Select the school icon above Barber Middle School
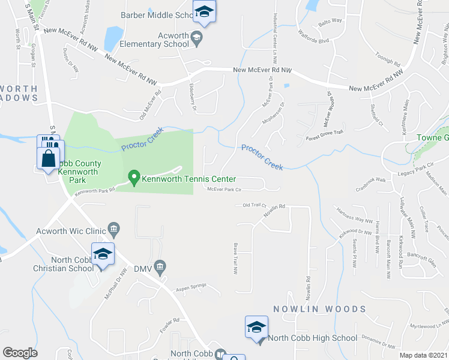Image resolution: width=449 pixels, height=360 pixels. point(204,12)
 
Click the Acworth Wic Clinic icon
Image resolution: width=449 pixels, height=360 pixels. point(113,229)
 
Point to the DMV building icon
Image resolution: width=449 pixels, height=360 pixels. point(160,266)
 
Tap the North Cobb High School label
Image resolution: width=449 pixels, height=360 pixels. point(312,338)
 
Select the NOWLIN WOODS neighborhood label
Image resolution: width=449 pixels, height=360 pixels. point(319,309)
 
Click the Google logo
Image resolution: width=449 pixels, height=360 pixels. point(20,352)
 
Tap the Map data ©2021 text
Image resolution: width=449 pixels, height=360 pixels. point(424,355)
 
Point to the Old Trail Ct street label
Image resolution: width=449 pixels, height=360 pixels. point(255,205)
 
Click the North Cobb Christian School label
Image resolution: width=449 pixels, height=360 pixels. point(56,264)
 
